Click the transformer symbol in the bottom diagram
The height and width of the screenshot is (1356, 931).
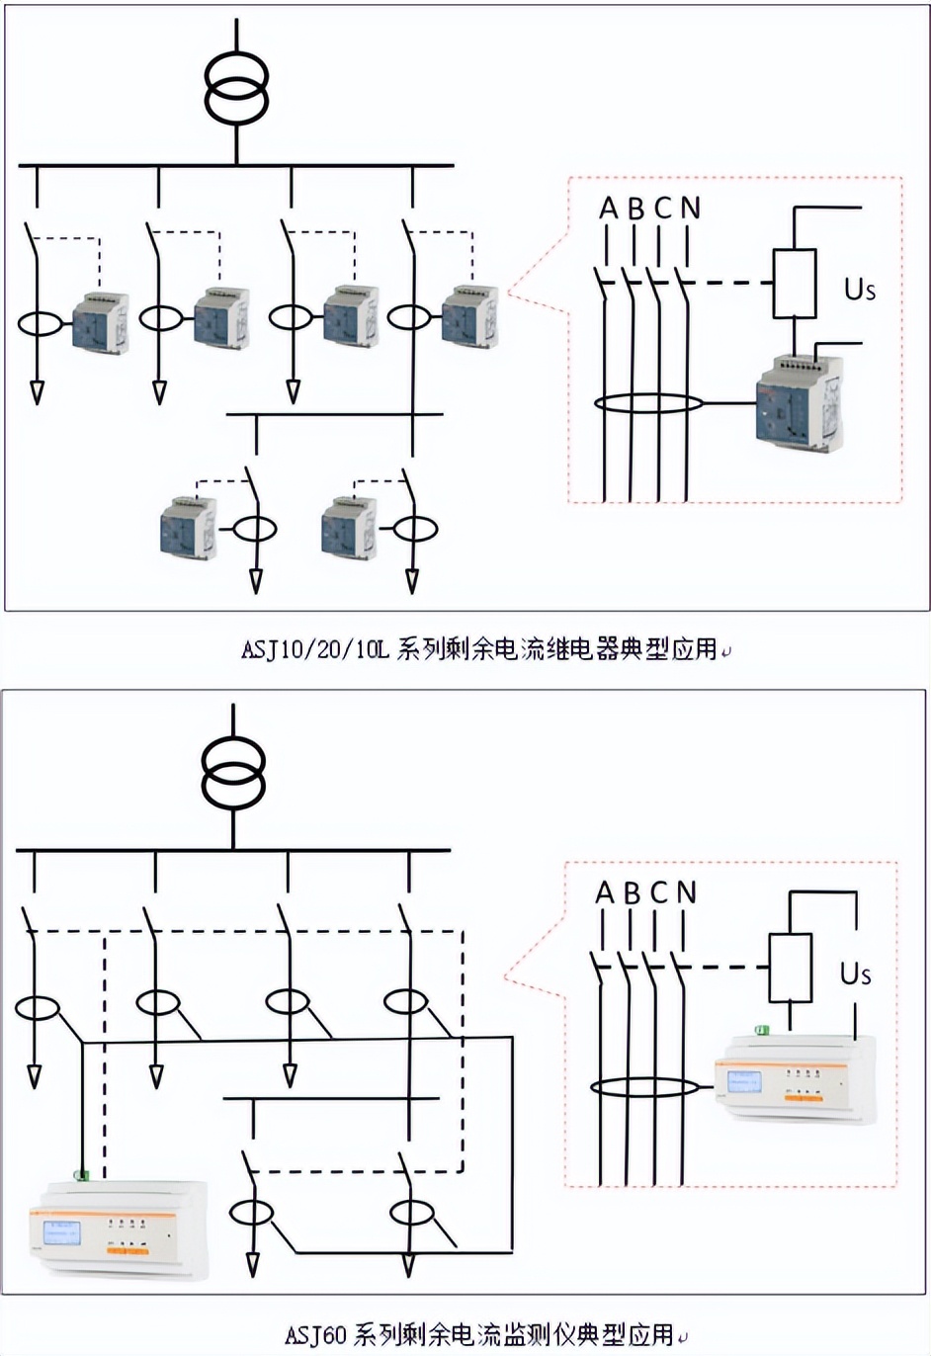[x=233, y=771]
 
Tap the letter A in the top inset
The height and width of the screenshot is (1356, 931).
[x=608, y=209]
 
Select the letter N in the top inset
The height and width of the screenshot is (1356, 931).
[x=690, y=209]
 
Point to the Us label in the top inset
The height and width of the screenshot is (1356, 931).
[x=859, y=289]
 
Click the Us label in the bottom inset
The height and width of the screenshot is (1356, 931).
[x=855, y=974]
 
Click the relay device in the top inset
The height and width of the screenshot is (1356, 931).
[x=799, y=399]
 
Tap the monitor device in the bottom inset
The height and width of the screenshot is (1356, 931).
[x=795, y=1080]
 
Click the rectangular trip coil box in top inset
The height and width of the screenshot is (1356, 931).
[x=795, y=283]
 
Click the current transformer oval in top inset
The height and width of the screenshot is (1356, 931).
[x=648, y=403]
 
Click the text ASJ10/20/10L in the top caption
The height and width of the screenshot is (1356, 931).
[x=315, y=649]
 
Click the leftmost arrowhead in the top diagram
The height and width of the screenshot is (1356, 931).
[x=37, y=392]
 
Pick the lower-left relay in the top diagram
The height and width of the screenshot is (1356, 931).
[x=188, y=526]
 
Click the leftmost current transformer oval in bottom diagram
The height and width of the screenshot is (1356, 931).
[x=37, y=1007]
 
